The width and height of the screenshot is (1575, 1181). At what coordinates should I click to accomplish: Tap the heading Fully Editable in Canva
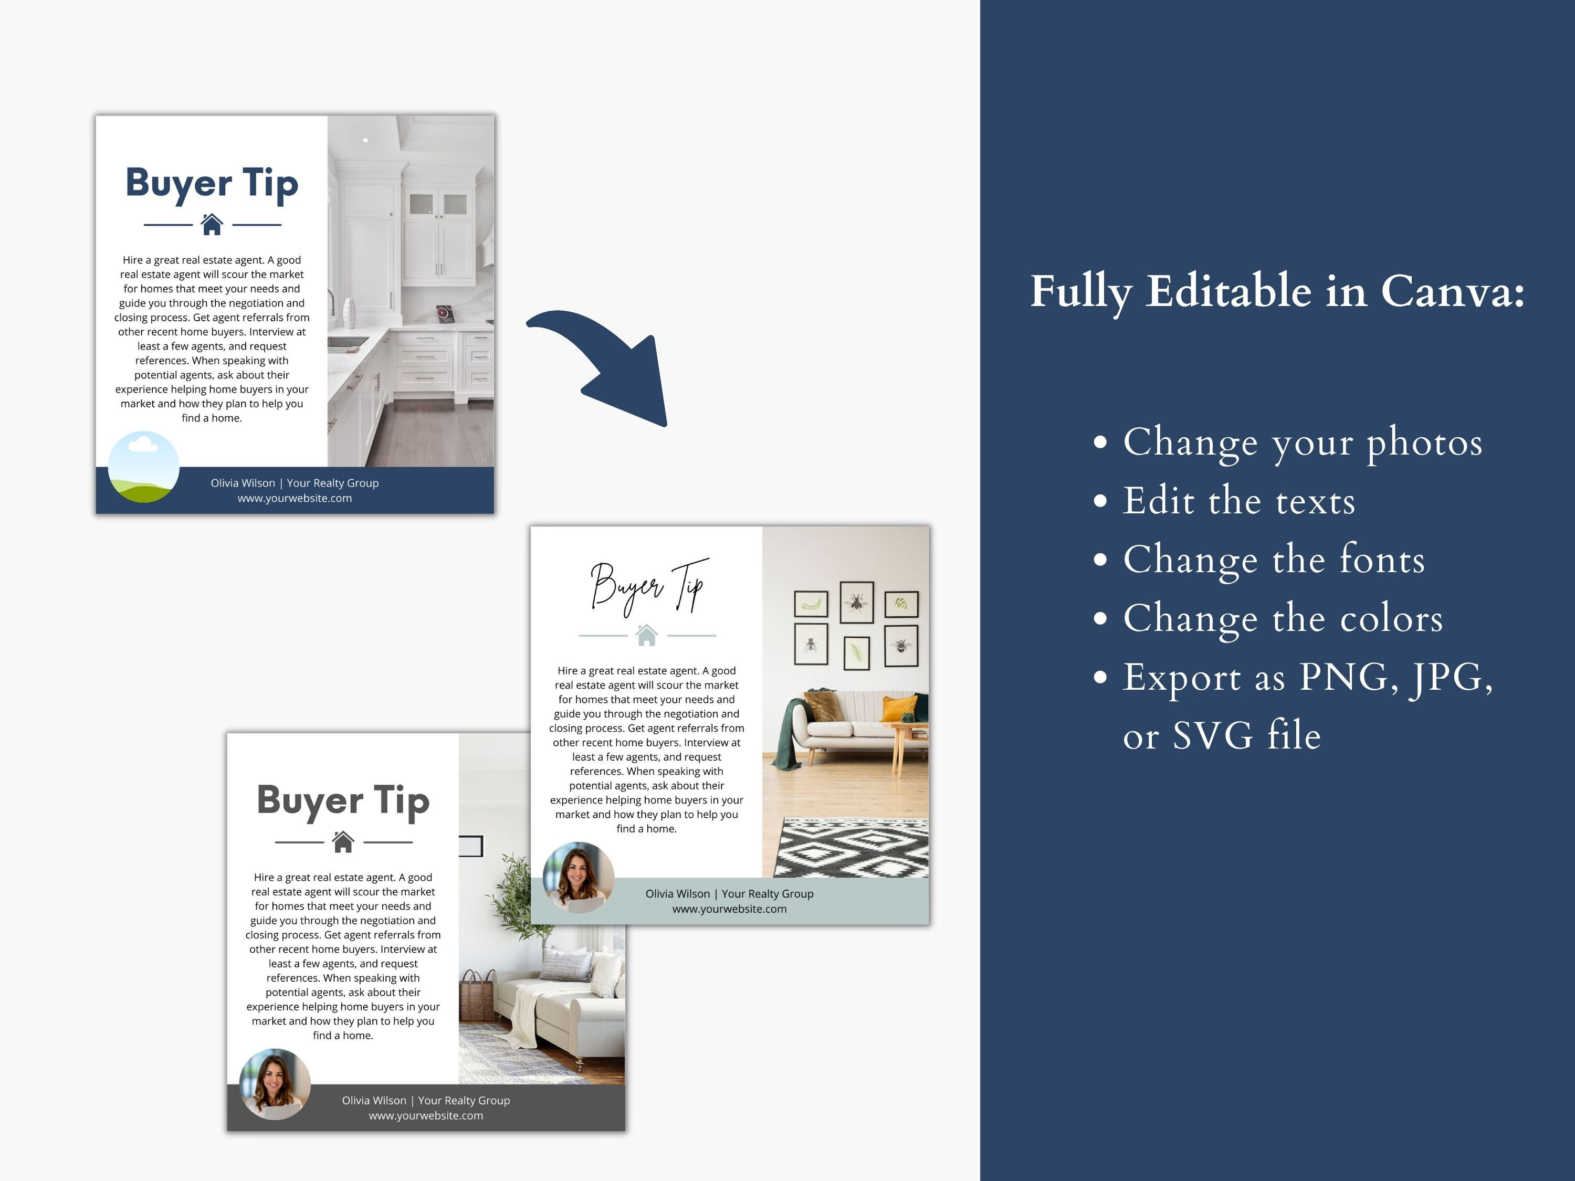coord(1277,292)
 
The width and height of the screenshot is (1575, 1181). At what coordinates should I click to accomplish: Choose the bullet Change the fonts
coord(1274,560)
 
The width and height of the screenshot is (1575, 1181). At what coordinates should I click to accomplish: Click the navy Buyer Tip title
coord(212,184)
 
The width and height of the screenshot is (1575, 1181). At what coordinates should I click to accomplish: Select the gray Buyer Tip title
coord(343,801)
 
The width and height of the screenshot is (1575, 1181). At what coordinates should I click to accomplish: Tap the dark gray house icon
coord(343,841)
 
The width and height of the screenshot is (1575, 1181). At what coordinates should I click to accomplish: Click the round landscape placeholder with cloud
coord(143,467)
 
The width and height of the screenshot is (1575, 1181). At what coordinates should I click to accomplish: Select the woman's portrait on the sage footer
coord(578,877)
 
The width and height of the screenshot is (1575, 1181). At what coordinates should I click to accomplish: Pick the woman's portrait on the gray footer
coord(275,1083)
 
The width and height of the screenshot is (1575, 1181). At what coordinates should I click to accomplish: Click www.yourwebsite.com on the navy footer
coord(295,498)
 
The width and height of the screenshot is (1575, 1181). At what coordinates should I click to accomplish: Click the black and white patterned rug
coord(851,847)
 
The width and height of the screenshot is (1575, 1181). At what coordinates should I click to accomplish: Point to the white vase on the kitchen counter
coord(349,313)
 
